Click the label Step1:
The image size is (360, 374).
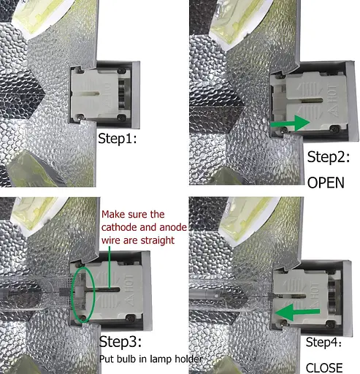(118, 139)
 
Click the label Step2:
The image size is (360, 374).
(329, 157)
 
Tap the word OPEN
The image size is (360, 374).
(326, 183)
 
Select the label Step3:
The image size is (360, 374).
(120, 342)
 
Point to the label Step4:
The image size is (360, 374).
(323, 343)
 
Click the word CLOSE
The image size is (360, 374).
(324, 368)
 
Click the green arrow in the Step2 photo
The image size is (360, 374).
(290, 123)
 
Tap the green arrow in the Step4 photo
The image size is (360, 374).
(297, 312)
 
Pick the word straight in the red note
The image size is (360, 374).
(158, 240)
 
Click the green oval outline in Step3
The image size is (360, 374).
(72, 294)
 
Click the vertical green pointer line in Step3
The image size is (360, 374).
(110, 267)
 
